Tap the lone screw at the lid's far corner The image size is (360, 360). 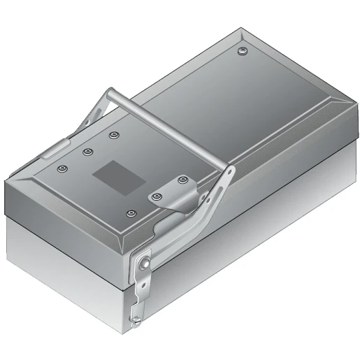(241, 51)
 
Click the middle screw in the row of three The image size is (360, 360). (88, 151)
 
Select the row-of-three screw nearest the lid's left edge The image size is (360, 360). (63, 168)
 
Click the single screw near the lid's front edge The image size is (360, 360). (130, 212)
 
